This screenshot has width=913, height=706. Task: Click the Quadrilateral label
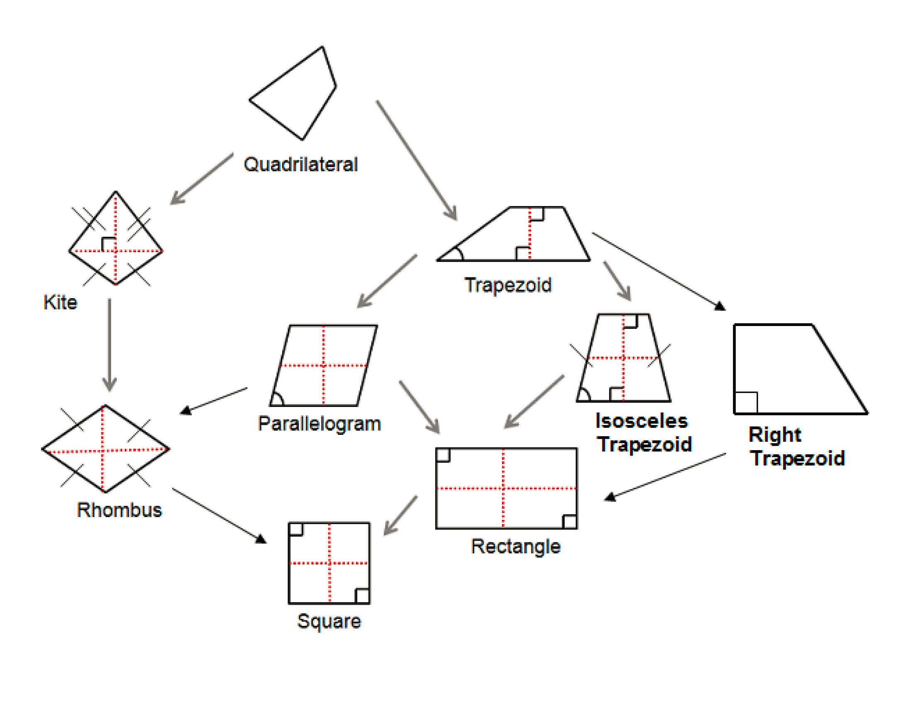point(300,164)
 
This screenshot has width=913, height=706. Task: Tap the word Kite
point(60,302)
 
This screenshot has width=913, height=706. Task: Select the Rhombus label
point(119,510)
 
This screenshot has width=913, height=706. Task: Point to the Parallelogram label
point(320,424)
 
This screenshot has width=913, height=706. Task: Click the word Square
point(329,621)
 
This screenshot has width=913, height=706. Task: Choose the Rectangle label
point(515,546)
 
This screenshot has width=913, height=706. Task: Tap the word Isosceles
point(641,421)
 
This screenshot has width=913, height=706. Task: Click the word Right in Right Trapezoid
point(775,435)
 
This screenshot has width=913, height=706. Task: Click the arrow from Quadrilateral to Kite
point(202,179)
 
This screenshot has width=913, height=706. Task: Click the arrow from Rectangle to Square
point(400,515)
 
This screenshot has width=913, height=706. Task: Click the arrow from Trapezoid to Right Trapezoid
point(658,271)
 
